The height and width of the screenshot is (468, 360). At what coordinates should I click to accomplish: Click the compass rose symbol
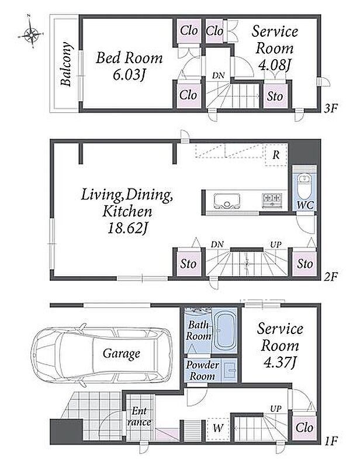pos(31,34)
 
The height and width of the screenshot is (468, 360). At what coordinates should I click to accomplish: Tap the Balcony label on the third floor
pos(66,64)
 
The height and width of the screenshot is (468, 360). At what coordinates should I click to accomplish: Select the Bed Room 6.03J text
pos(129,66)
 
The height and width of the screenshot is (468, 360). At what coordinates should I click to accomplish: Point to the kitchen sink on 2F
pos(227,201)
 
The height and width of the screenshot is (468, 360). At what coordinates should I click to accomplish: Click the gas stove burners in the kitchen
pos(272,199)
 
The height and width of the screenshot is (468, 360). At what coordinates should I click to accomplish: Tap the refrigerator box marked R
pos(276,154)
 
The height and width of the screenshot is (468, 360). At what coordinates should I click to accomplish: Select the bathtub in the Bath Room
pos(225,331)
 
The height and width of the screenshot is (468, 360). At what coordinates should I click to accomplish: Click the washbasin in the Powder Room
pos(230,370)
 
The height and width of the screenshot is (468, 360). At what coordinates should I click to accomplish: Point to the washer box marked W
pos(218,429)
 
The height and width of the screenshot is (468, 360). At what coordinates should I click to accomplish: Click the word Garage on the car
pos(122,354)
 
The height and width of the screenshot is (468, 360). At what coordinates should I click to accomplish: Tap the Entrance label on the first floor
pos(139,417)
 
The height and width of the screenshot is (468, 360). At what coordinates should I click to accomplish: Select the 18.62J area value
pos(127,229)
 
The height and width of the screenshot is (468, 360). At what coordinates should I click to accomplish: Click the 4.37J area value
pos(280,363)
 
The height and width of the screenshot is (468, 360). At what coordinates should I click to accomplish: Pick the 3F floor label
pos(331,108)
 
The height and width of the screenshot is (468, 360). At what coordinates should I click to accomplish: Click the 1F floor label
pos(330,441)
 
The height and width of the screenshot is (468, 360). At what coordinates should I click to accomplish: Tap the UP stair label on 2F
pos(276,245)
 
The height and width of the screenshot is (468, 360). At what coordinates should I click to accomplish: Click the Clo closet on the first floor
pos(304,428)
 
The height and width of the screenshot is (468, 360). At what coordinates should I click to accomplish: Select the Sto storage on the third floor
pos(275,96)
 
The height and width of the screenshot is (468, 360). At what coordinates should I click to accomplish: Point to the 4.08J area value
pos(274,65)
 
